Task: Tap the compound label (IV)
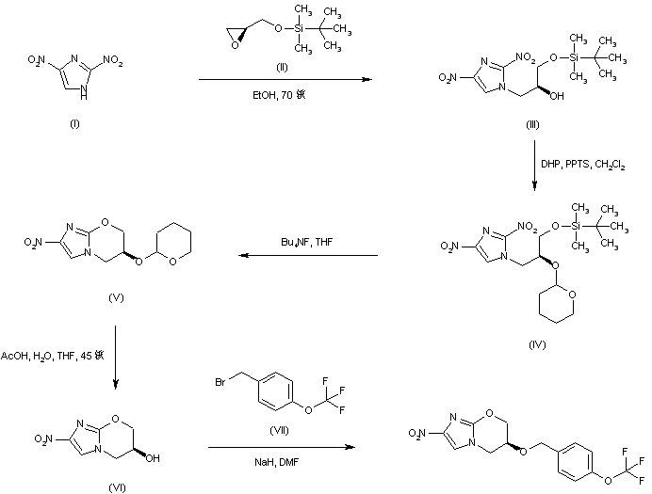[537, 345]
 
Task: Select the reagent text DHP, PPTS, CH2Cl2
[581, 165]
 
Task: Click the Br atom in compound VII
[219, 383]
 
